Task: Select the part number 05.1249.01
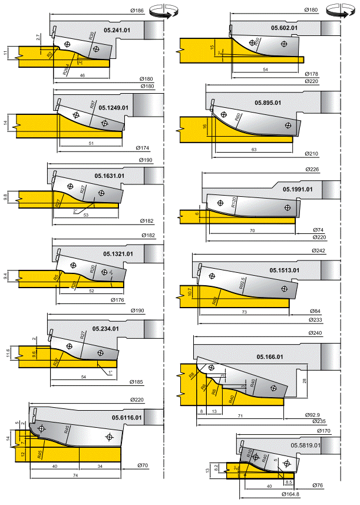114,108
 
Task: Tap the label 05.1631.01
109,176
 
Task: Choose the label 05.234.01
106,329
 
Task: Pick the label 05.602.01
284,28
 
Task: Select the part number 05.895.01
268,103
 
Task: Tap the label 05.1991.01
298,189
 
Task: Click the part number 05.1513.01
285,270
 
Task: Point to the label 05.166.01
270,357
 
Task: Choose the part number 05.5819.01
305,445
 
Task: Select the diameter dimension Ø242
316,251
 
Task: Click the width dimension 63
254,150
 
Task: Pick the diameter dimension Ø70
144,466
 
